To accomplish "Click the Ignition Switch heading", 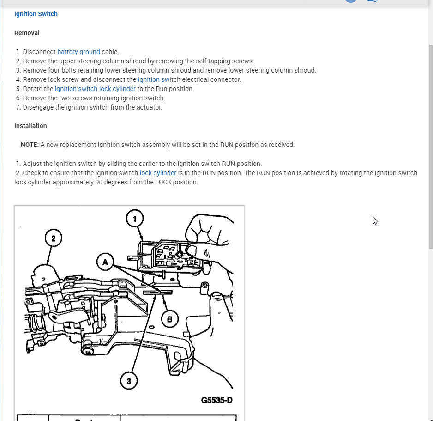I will tap(36, 14).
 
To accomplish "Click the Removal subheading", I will tap(27, 33).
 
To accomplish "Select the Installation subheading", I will tap(30, 126).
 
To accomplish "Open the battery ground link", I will tap(78, 52).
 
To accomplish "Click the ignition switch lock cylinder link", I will tap(95, 89).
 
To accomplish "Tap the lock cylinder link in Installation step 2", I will tap(158, 173).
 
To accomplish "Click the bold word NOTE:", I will tap(30, 145).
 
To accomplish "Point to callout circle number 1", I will tap(135, 219).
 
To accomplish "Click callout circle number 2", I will tap(54, 238).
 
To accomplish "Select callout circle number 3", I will tap(129, 381).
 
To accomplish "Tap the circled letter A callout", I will tap(105, 262).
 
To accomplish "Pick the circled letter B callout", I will tap(169, 318).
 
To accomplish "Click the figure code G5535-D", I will tap(216, 400).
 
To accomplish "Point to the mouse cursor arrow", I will tap(375, 220).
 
